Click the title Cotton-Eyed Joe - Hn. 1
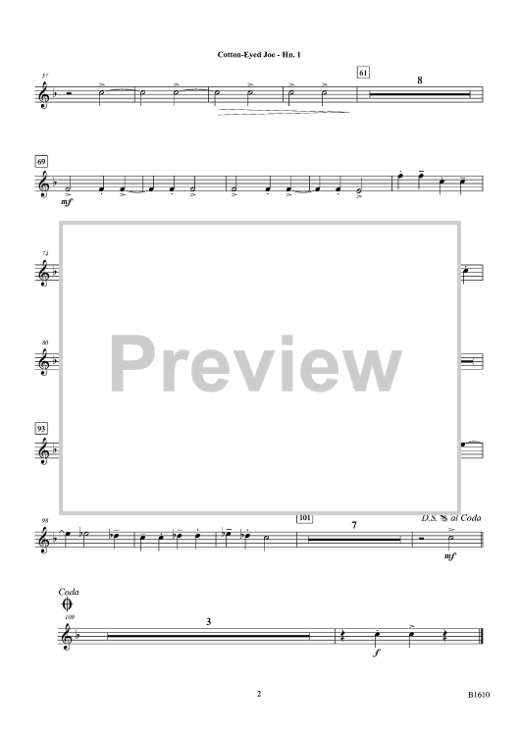click(259, 54)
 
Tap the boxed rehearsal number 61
click(363, 73)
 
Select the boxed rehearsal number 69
click(41, 162)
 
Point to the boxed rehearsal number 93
click(41, 429)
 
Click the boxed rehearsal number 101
click(305, 518)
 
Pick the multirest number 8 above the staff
click(420, 80)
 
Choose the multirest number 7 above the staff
click(354, 525)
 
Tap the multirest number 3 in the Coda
click(208, 621)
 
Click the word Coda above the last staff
click(69, 592)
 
